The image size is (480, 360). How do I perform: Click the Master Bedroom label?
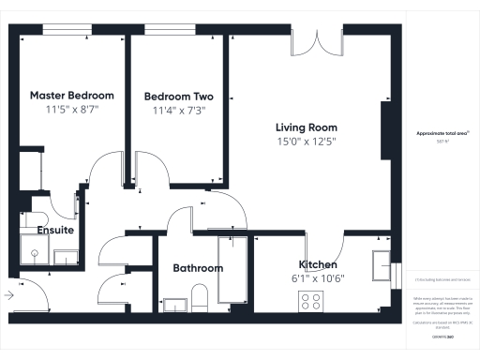pos(72,96)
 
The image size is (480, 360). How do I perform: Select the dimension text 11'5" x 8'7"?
pos(72,110)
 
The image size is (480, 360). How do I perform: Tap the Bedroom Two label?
pos(178,97)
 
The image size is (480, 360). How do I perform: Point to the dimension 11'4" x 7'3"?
pos(178,111)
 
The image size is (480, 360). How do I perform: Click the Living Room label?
pos(306,127)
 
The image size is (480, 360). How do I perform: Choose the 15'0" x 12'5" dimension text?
pos(306,142)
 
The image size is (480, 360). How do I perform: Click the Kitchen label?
pos(317,264)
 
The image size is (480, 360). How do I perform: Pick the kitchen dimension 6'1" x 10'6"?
pos(317,277)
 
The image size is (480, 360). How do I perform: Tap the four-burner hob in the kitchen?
pos(310,302)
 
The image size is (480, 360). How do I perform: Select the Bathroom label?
pos(198,268)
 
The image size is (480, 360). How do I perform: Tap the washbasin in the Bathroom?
pos(174,303)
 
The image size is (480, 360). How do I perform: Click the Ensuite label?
pos(55,230)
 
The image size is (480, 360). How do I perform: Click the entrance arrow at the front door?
pos(8,295)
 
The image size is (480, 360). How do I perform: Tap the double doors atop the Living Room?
pos(313,44)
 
